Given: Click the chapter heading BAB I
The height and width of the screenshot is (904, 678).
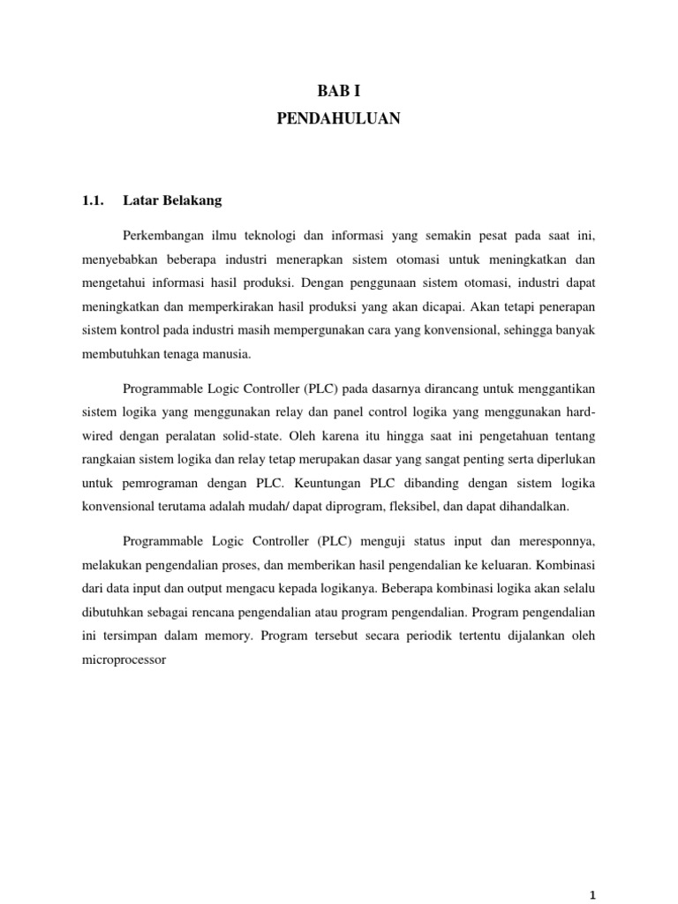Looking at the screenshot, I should pyautogui.click(x=338, y=90).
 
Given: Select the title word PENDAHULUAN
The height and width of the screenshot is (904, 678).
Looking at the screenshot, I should pyautogui.click(x=338, y=118).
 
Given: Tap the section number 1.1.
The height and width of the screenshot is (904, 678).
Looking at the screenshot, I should pyautogui.click(x=93, y=200).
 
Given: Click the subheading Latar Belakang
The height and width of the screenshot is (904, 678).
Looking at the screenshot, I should pyautogui.click(x=174, y=200).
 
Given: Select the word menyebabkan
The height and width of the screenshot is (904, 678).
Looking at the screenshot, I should pyautogui.click(x=120, y=261).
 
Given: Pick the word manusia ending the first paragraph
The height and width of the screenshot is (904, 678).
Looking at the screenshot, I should pyautogui.click(x=228, y=354).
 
